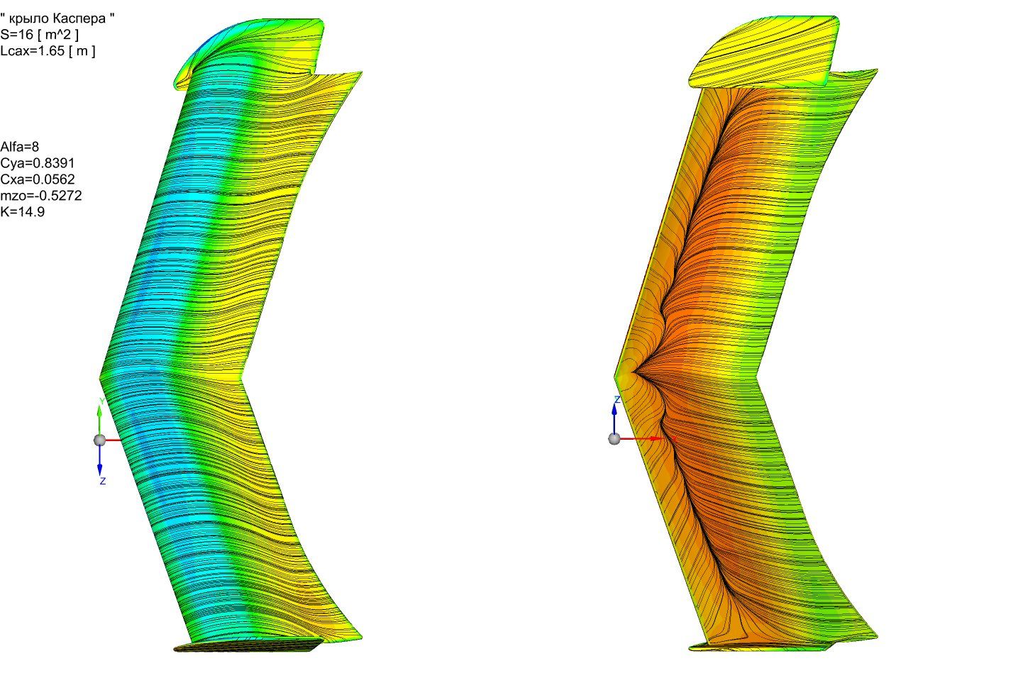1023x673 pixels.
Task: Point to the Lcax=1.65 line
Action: (48, 50)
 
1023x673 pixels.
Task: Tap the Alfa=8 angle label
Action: (20, 147)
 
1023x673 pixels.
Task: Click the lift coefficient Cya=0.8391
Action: (38, 163)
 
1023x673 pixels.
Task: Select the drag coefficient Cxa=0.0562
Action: (38, 179)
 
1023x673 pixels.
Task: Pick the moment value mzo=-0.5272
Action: (41, 196)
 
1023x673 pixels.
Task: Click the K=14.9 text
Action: (23, 212)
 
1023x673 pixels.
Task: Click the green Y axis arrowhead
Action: (100, 410)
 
